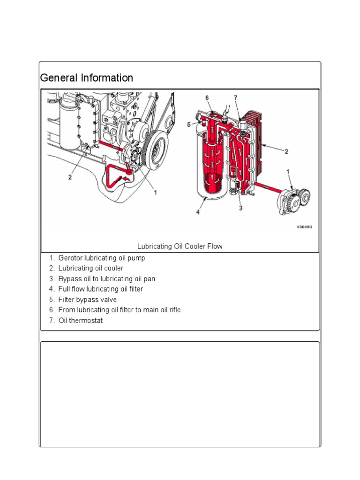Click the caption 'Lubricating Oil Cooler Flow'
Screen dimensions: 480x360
pos(180,246)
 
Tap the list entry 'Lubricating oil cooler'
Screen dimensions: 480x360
pos(91,268)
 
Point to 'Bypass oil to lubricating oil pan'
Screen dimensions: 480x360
pos(107,279)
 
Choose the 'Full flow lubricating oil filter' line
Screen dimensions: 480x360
pos(101,289)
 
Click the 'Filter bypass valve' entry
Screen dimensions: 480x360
pos(88,300)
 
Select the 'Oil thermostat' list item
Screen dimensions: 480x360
pos(80,321)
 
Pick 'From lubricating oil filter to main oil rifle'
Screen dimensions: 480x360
pos(120,310)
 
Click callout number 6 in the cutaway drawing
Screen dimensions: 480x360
pos(207,97)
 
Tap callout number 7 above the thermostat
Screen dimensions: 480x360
pos(236,97)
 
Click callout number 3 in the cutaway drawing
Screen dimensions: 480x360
pos(240,208)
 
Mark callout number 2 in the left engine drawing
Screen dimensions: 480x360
pos(70,177)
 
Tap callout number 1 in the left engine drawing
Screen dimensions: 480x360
pos(155,192)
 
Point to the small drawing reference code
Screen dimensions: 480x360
pos(304,227)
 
